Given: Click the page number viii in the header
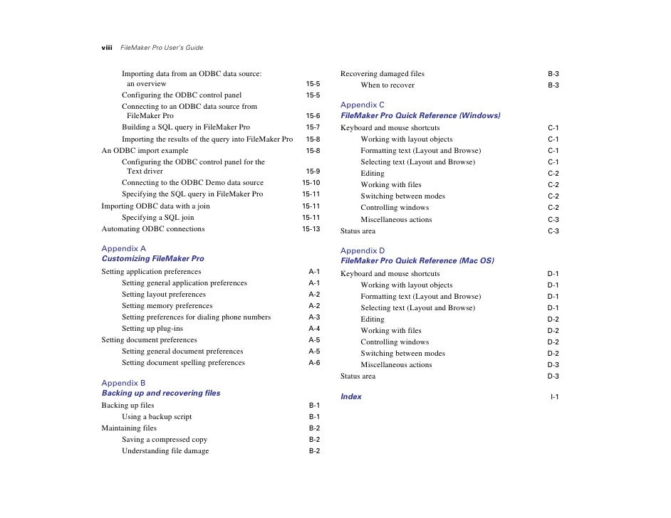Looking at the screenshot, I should click(107, 48).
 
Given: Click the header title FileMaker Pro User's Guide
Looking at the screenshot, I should click(162, 48).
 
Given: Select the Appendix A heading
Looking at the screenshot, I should click(124, 248).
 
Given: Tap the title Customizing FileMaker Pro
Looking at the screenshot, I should click(152, 259).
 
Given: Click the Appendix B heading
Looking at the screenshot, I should click(124, 383).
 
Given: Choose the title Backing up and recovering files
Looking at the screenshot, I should click(161, 393).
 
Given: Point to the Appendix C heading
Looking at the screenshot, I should click(363, 105).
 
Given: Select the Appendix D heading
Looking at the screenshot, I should click(363, 250).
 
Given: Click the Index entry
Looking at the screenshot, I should click(351, 396).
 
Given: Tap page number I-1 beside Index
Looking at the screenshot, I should click(554, 396).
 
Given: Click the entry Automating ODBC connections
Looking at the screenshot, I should click(153, 229).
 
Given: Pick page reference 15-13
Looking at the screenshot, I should click(311, 229).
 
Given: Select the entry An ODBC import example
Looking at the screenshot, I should click(145, 151).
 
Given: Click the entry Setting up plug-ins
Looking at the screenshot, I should click(152, 329).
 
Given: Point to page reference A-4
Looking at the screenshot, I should click(314, 329).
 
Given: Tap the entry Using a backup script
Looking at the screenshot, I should click(157, 417).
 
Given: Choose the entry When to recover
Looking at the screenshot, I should click(387, 85).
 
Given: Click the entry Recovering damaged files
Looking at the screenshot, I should click(383, 74).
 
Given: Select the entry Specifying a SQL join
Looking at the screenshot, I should click(158, 218).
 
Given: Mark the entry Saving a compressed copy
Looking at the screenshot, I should click(165, 440).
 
